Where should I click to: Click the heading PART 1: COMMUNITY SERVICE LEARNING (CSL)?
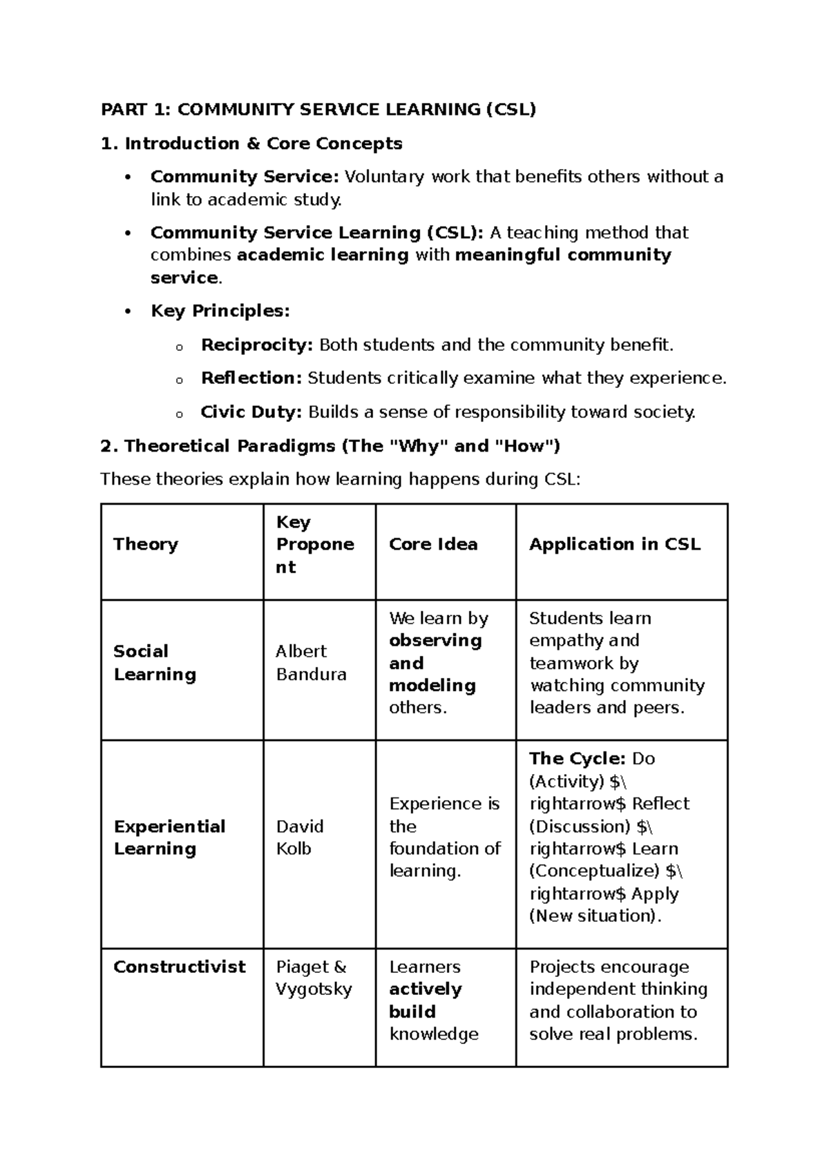coord(318,109)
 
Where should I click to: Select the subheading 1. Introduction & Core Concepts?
coord(251,144)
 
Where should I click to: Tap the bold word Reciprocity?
coord(257,345)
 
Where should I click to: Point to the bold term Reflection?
coord(251,378)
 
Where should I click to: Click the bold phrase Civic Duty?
coord(251,412)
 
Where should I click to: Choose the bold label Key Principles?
coord(220,311)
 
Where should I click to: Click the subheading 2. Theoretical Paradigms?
coord(330,446)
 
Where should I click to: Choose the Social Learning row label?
coord(155,663)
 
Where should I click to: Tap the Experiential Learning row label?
coord(169,838)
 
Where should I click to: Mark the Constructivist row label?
coord(180,967)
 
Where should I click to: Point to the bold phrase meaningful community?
coord(563,255)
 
